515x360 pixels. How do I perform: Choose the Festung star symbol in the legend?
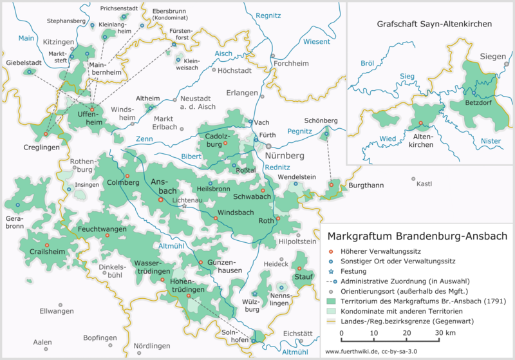(x=331, y=271)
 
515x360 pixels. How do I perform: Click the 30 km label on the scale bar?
(x=445, y=332)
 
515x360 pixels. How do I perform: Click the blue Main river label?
(x=26, y=39)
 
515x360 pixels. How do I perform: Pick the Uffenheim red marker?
(x=91, y=109)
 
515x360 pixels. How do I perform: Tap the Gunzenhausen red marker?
(x=201, y=263)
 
